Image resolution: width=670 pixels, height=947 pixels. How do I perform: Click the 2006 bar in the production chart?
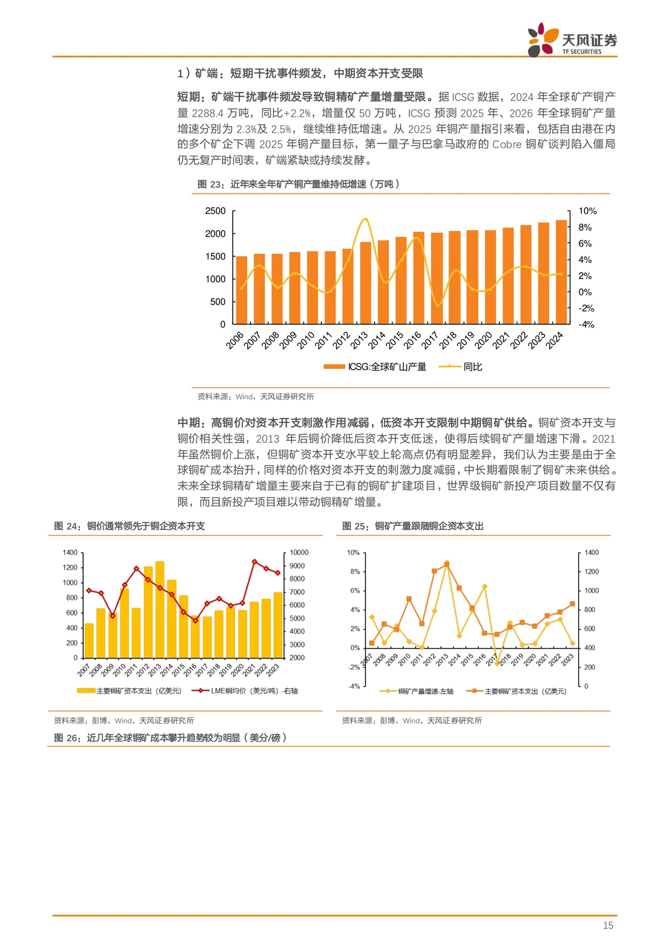[x=241, y=290]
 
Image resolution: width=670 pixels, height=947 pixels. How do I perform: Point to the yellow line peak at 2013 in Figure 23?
[x=365, y=219]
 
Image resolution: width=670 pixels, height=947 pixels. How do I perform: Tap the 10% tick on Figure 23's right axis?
[x=587, y=211]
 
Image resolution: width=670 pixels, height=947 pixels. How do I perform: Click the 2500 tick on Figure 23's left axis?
[x=215, y=211]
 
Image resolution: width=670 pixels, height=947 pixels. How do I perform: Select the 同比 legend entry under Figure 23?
[x=472, y=367]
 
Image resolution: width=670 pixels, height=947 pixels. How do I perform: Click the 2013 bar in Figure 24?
[x=160, y=610]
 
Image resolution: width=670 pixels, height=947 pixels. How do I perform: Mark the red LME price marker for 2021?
[x=254, y=562]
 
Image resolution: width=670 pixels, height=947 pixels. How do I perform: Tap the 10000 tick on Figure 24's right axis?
[x=299, y=553]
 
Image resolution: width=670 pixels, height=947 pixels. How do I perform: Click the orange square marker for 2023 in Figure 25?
[x=572, y=603]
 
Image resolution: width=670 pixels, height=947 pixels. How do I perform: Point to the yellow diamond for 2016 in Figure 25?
[x=485, y=587]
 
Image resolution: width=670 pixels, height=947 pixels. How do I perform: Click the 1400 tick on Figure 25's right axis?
[x=592, y=553]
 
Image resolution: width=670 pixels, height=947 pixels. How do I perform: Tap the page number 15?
[x=608, y=925]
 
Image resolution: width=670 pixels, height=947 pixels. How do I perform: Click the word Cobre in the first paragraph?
[x=507, y=144]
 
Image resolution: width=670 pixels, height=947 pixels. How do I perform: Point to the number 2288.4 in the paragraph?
[x=207, y=113]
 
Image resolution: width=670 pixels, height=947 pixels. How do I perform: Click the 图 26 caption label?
[x=66, y=737]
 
